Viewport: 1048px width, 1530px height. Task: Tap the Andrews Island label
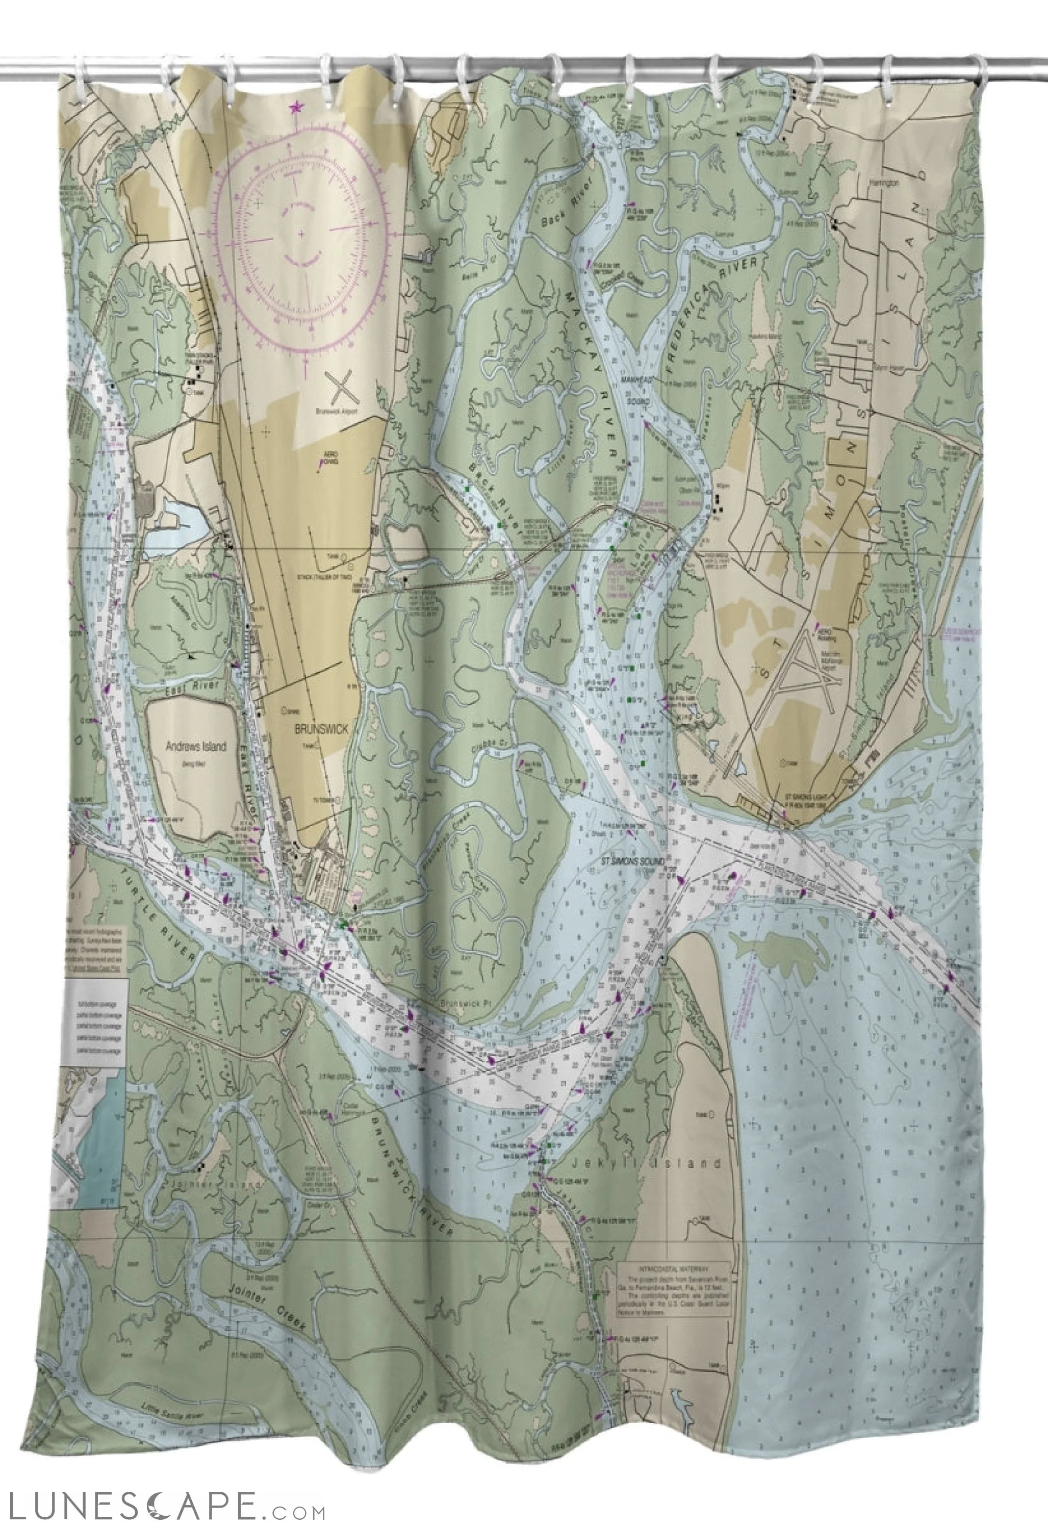click(x=195, y=747)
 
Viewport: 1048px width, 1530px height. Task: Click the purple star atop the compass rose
click(x=297, y=104)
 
